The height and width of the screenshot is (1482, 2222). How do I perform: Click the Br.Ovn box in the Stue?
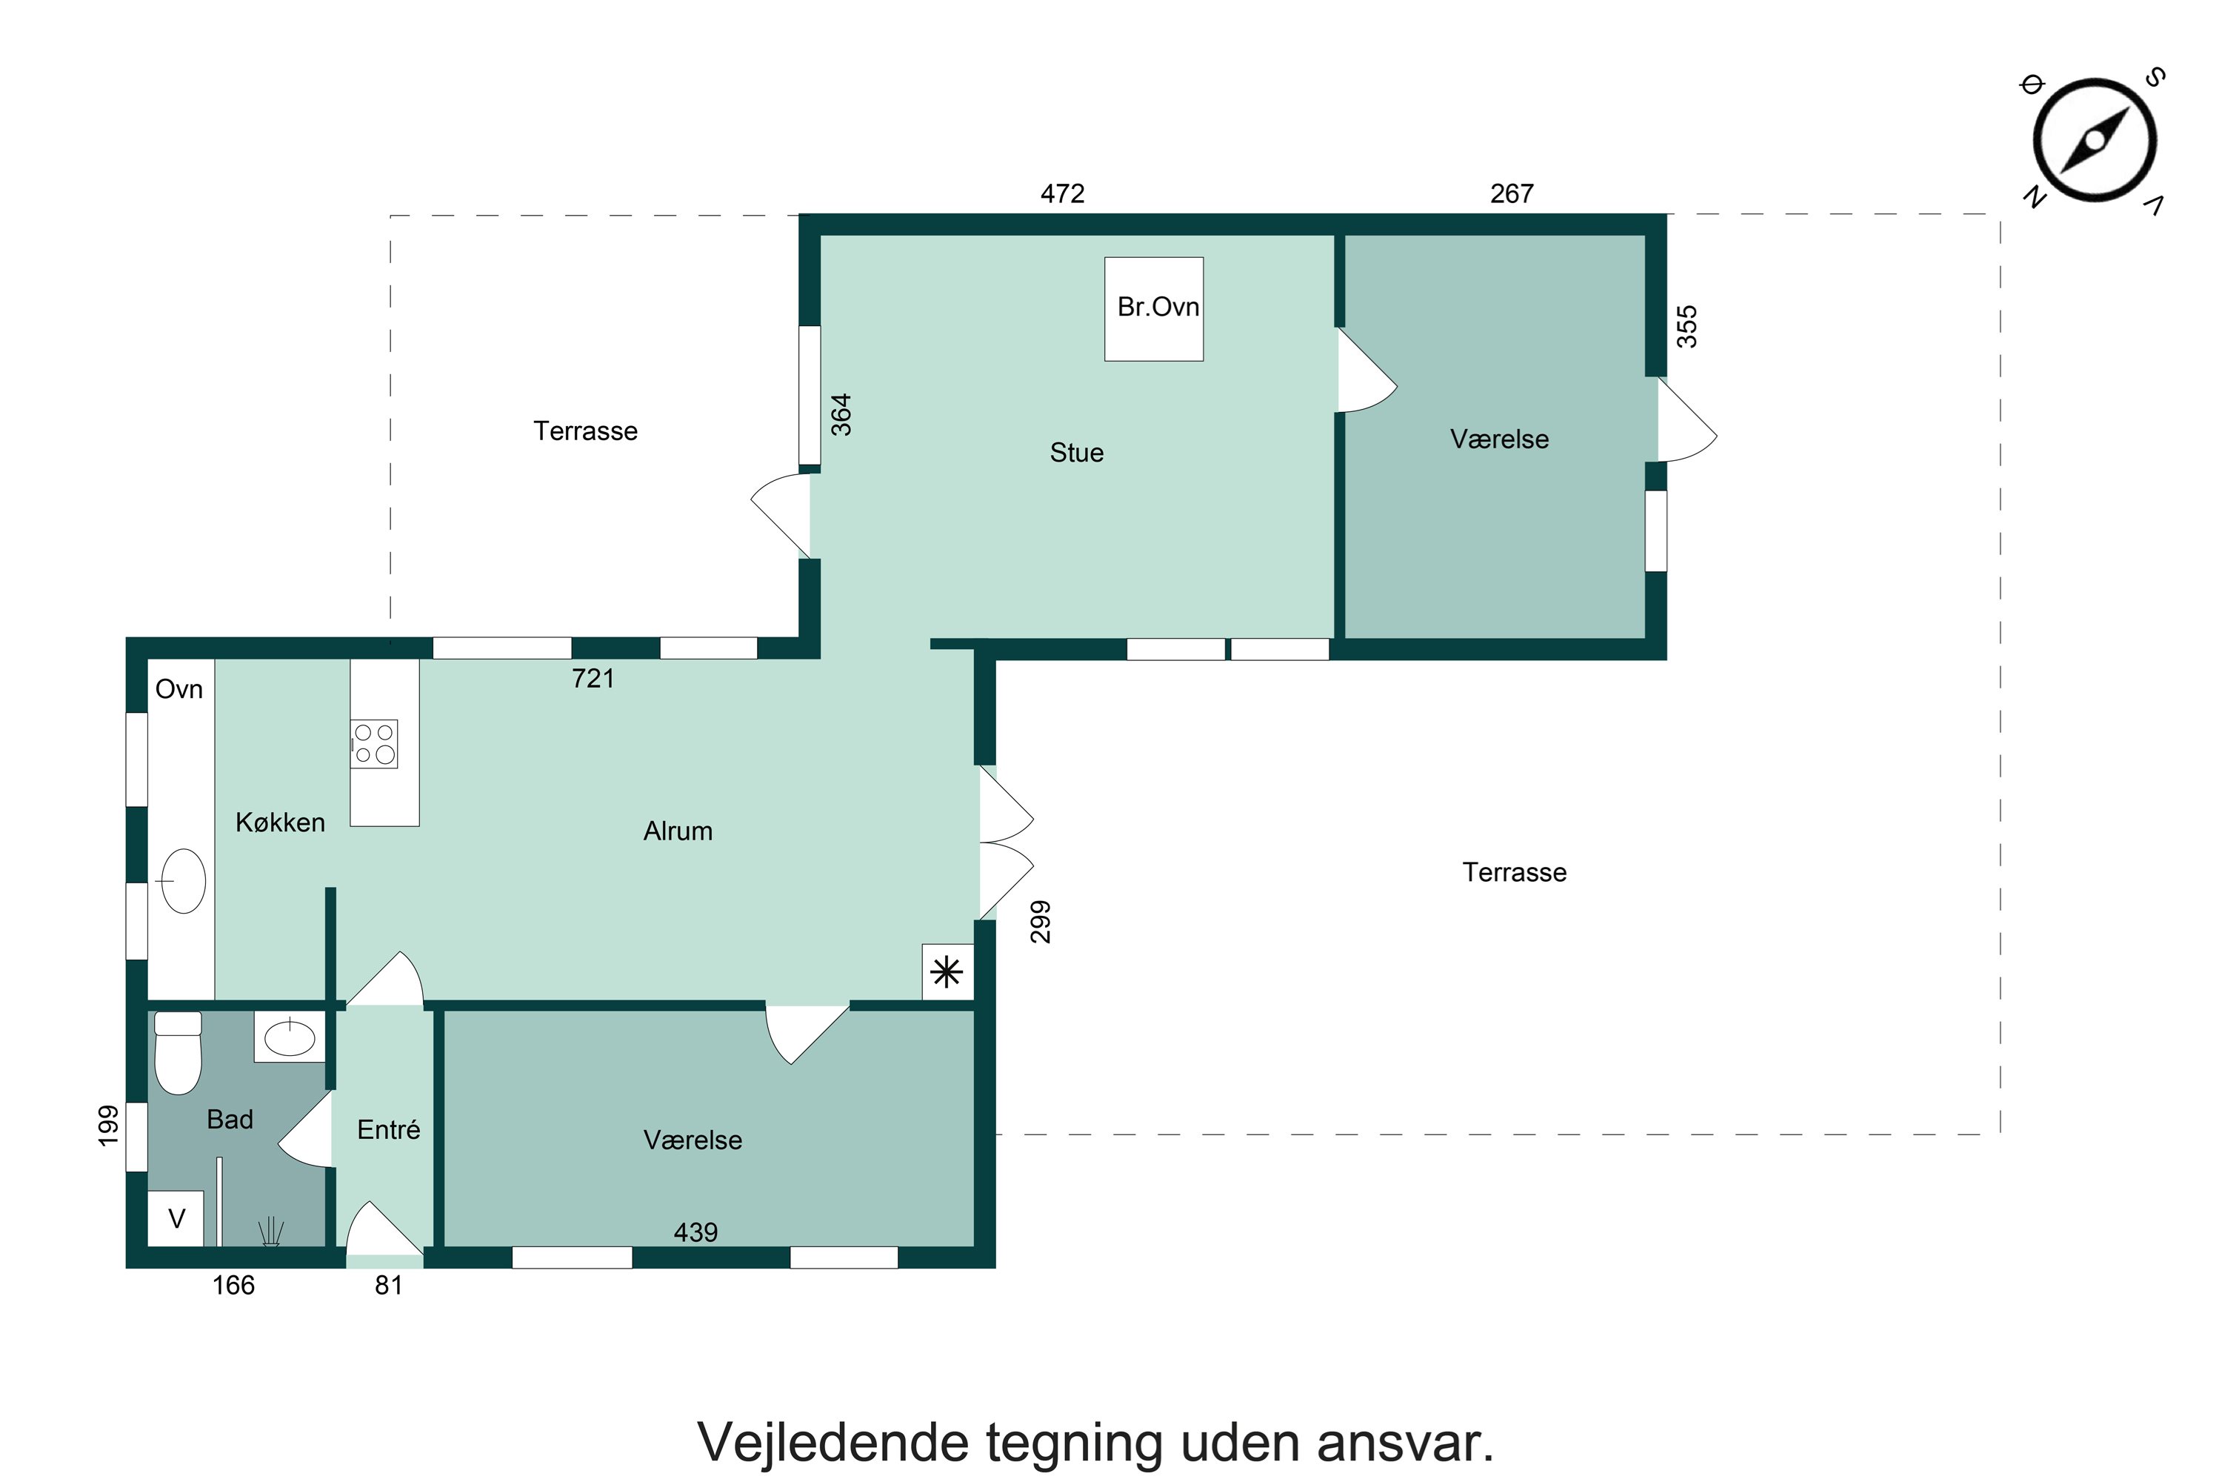(x=1153, y=309)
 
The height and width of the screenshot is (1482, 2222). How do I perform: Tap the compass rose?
(x=2095, y=140)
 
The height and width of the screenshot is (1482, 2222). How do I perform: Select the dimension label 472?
(x=1062, y=193)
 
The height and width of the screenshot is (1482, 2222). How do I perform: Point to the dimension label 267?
(x=1512, y=193)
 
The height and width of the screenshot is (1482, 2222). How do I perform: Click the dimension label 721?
(x=593, y=679)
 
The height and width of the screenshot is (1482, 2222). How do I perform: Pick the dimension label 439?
(x=695, y=1232)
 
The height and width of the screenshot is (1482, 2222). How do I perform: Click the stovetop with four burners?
(x=374, y=744)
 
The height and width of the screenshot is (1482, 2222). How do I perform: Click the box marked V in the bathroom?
(x=176, y=1219)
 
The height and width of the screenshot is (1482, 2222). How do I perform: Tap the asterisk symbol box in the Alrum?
(x=947, y=972)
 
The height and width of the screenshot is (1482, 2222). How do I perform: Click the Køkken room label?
(x=280, y=823)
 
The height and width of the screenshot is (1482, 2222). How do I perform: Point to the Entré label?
(x=388, y=1129)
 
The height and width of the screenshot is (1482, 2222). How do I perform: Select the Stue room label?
(x=1076, y=453)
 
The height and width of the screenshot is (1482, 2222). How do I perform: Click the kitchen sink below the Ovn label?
(x=183, y=881)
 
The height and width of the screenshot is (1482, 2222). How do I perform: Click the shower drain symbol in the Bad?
(x=271, y=1232)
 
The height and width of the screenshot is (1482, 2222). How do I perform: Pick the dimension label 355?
(x=1686, y=326)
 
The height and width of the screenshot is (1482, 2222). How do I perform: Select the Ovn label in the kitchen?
(x=179, y=689)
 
